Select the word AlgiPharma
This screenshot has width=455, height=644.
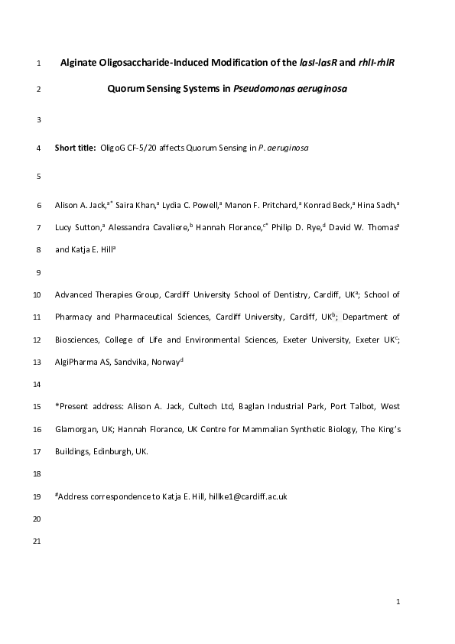(76, 360)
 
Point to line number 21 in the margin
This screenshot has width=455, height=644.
(38, 542)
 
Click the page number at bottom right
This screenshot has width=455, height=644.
(398, 603)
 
